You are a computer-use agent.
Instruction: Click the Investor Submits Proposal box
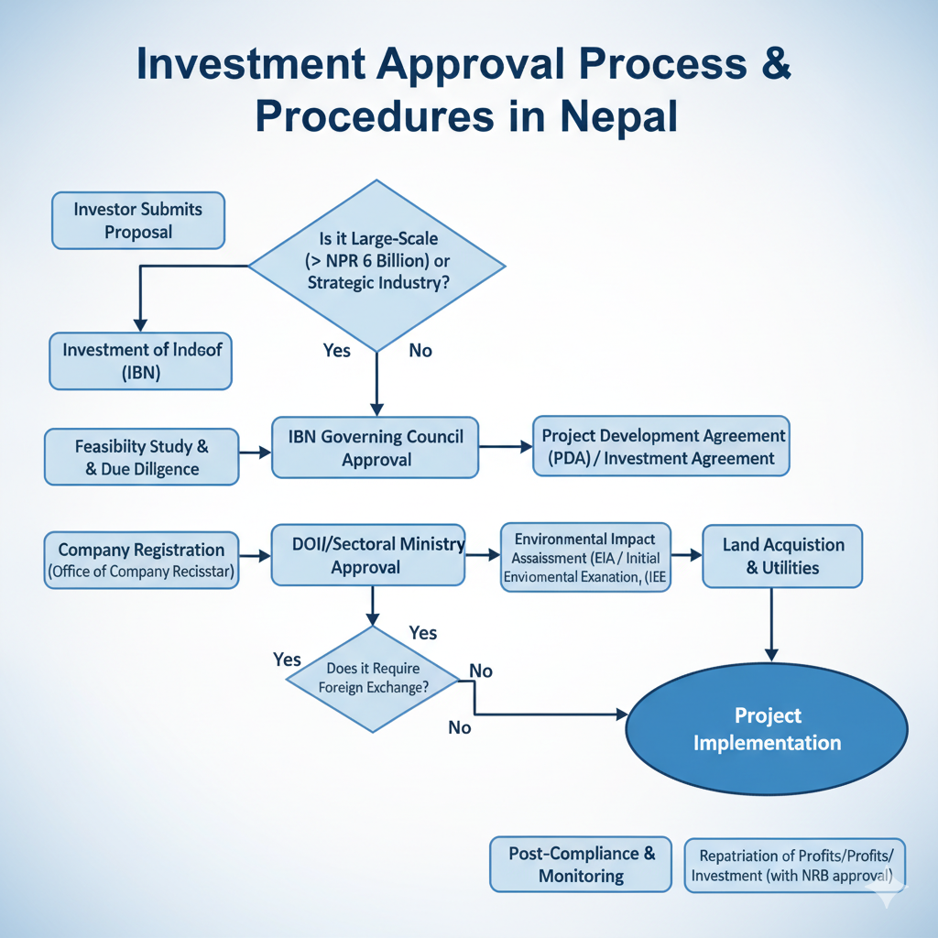click(x=138, y=220)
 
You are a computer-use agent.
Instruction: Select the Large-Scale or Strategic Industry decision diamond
click(x=376, y=266)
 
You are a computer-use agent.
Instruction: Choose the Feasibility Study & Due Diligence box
click(x=142, y=458)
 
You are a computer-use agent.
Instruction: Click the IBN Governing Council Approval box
click(x=376, y=448)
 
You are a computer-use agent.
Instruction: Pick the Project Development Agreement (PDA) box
click(x=661, y=447)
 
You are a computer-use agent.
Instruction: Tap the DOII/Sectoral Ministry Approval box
click(x=367, y=555)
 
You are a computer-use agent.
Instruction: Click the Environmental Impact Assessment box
click(x=586, y=556)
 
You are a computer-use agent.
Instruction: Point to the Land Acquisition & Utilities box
click(x=782, y=556)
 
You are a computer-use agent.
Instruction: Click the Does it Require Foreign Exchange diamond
click(x=373, y=678)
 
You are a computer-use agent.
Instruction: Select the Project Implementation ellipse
click(x=767, y=729)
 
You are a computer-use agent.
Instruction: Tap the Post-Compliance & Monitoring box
click(x=582, y=864)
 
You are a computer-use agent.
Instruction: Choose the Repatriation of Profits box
click(x=795, y=865)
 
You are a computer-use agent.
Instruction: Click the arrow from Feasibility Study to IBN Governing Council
click(x=256, y=453)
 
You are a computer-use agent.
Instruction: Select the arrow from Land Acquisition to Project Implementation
click(x=771, y=623)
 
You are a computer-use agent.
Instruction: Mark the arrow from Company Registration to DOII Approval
click(x=255, y=555)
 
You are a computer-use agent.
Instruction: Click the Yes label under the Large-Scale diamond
click(x=337, y=351)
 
